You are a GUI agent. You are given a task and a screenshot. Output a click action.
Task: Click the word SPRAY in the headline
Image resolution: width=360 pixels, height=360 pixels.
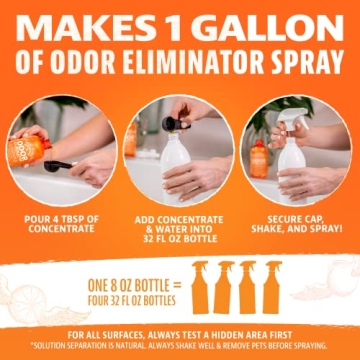pyautogui.click(x=304, y=63)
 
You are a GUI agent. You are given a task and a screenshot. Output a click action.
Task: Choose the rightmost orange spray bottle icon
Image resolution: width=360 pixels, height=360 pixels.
pyautogui.click(x=273, y=288)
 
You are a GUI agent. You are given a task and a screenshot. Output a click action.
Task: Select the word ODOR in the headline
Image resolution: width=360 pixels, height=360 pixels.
pyautogui.click(x=77, y=63)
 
